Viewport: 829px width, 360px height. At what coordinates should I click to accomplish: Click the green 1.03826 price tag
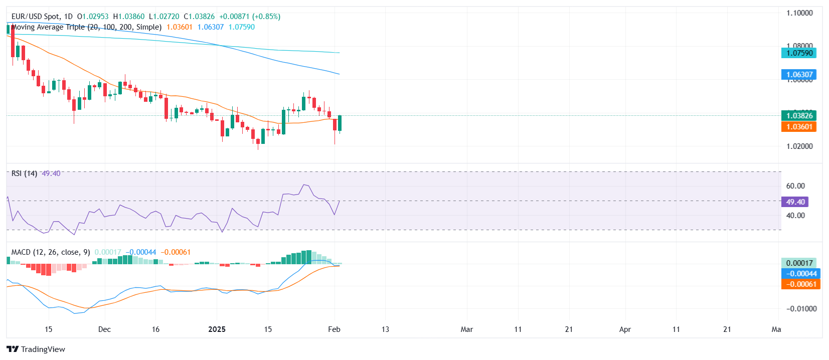click(x=799, y=115)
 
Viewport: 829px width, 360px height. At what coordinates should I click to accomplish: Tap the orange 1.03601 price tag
click(x=799, y=127)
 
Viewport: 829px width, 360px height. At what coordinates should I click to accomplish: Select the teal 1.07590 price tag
click(x=799, y=53)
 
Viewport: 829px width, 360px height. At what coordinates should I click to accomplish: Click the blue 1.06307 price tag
click(x=799, y=75)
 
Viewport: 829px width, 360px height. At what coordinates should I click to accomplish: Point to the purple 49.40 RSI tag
click(x=795, y=202)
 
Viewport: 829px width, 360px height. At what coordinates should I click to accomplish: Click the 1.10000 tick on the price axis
click(x=799, y=13)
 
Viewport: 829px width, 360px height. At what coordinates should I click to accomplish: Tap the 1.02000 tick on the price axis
click(x=799, y=146)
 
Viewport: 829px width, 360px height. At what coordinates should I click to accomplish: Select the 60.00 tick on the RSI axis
click(x=795, y=186)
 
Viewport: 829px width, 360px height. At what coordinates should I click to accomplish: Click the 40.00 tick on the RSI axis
click(x=795, y=216)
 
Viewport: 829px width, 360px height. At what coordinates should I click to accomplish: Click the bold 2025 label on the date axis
click(x=217, y=329)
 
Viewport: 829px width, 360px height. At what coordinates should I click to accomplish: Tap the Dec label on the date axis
click(x=104, y=329)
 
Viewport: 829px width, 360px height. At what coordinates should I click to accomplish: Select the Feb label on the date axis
click(x=334, y=329)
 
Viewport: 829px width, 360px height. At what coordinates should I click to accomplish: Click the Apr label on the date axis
click(x=625, y=329)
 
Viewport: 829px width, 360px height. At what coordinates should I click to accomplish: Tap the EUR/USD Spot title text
click(x=35, y=17)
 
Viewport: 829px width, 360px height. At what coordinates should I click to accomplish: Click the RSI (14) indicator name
click(x=24, y=173)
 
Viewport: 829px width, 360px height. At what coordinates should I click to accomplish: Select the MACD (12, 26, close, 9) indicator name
click(x=51, y=252)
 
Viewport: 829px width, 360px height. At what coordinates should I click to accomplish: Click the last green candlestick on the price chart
click(x=340, y=123)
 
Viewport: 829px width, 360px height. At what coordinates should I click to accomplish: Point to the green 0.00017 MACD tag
click(x=799, y=263)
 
